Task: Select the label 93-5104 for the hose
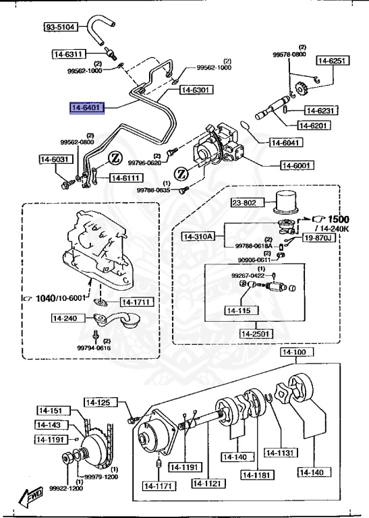coord(61,28)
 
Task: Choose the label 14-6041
coord(287,142)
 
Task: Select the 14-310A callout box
coord(198,236)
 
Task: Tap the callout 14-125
coord(98,403)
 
